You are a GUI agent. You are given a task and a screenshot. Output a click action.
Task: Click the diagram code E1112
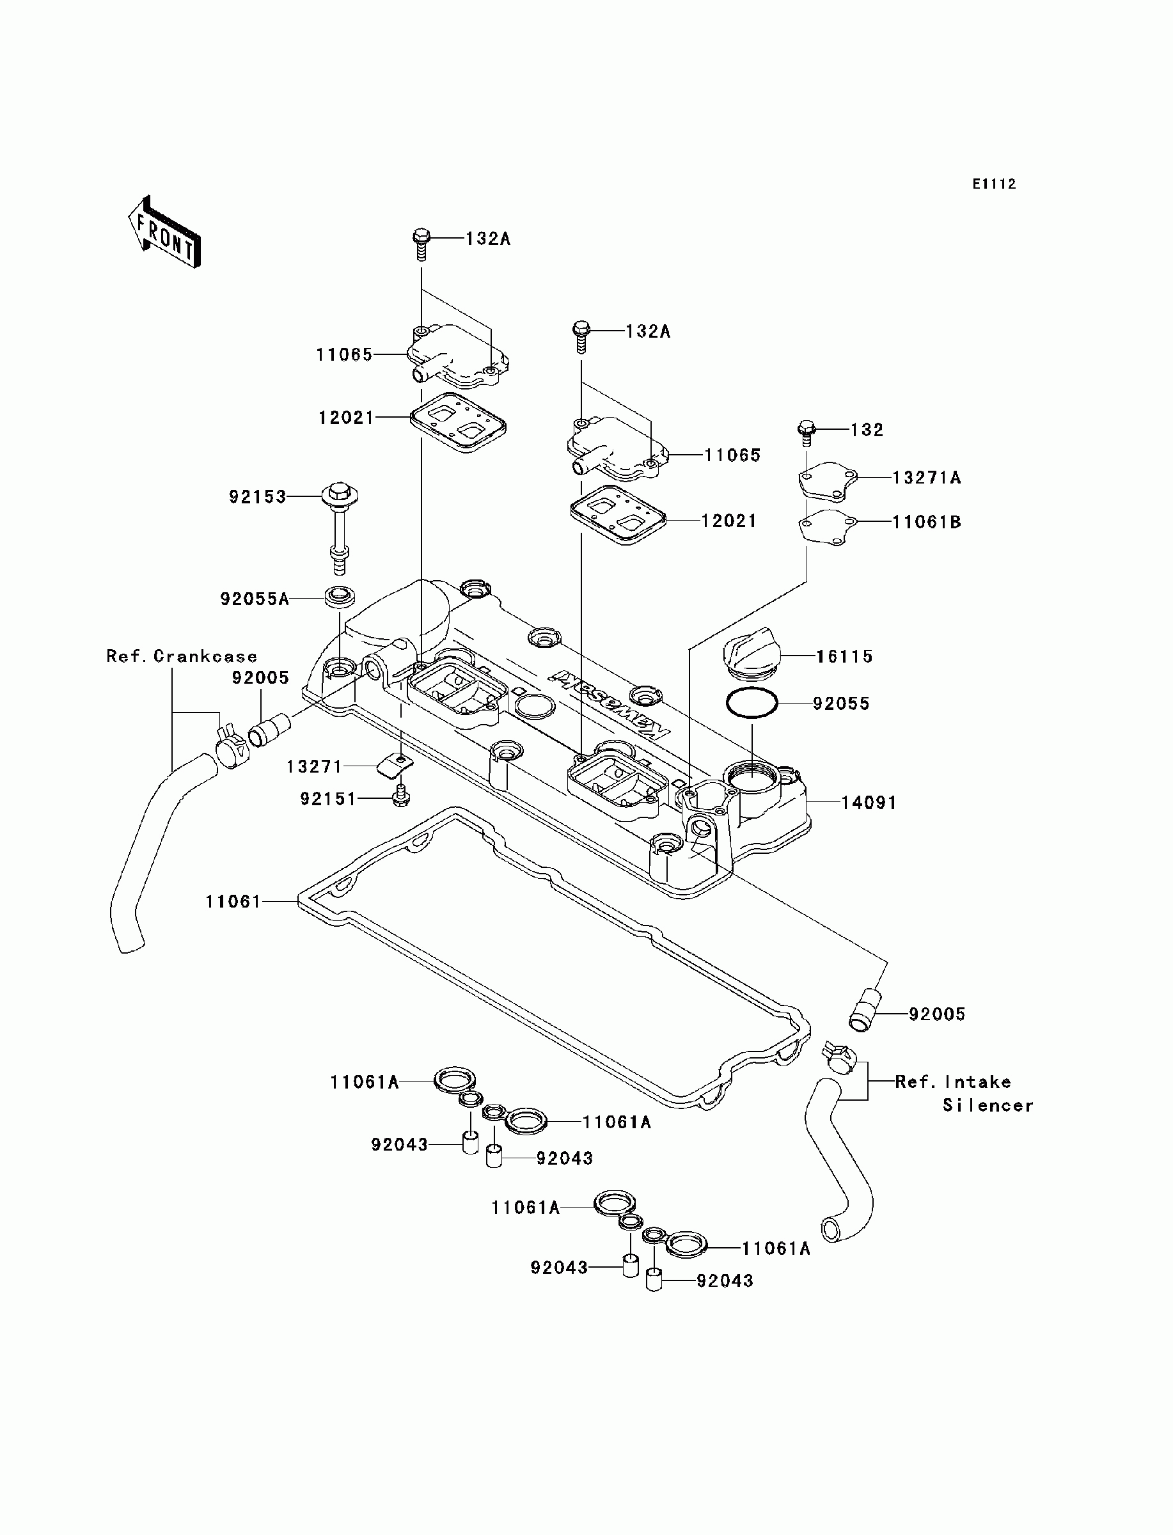(x=995, y=184)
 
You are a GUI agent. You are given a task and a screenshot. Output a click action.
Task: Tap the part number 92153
(x=258, y=497)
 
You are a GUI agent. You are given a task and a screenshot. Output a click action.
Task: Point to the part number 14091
(x=869, y=803)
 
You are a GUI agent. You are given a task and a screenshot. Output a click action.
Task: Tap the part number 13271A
(x=927, y=478)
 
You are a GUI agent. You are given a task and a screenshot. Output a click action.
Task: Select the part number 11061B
(x=927, y=522)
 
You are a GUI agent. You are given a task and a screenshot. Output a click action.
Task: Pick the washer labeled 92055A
(x=340, y=597)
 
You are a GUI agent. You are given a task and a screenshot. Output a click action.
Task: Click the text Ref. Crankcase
(x=182, y=656)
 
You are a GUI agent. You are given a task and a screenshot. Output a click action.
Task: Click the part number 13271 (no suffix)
(x=314, y=766)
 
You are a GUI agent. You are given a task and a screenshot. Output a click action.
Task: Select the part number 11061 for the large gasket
(x=233, y=902)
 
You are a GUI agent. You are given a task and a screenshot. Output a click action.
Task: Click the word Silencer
(x=988, y=1105)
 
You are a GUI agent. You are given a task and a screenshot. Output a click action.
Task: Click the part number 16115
(x=845, y=656)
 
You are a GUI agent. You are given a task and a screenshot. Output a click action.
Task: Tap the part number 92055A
(x=254, y=599)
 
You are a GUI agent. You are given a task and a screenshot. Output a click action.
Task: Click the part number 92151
(x=328, y=799)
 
